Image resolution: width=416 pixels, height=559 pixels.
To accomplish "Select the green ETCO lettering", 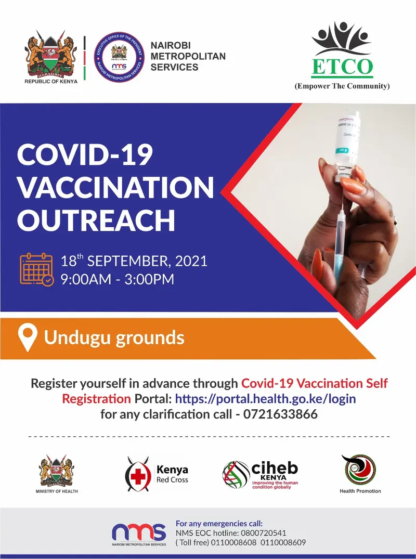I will tap(342, 66).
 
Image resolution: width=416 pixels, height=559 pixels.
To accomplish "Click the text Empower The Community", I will tap(342, 86).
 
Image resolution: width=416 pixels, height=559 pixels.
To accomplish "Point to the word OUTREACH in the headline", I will tap(96, 220).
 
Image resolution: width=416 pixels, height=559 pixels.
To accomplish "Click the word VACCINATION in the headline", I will tap(115, 187).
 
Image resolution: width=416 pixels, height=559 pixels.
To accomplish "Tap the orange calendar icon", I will tap(36, 269).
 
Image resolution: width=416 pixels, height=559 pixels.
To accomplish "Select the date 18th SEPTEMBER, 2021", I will tap(134, 261).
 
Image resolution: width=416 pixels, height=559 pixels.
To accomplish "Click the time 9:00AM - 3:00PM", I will tap(117, 279).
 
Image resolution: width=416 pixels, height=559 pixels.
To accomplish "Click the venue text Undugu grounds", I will tap(114, 338).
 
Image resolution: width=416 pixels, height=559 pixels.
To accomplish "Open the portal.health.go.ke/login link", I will tap(265, 399).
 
